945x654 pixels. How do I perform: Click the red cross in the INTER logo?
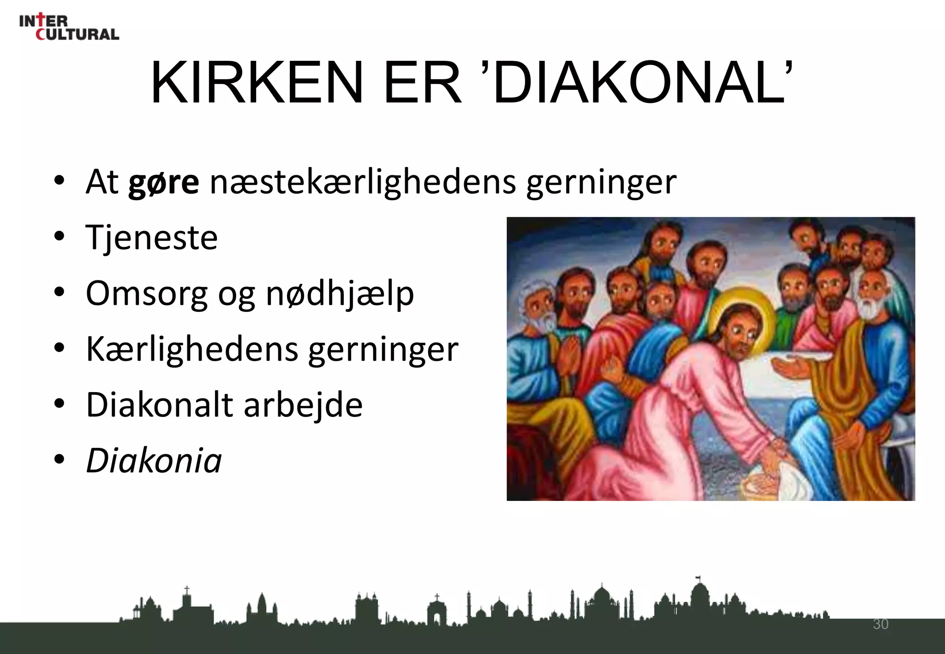point(42,20)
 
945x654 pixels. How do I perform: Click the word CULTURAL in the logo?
point(78,34)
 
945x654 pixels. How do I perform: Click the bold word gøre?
point(163,182)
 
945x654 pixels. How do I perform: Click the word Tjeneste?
point(151,238)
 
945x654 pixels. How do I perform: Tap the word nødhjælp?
point(340,294)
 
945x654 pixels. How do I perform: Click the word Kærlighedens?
point(192,349)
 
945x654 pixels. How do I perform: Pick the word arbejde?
point(303,405)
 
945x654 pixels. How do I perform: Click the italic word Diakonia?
point(154,461)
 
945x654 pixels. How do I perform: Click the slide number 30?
point(880,624)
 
